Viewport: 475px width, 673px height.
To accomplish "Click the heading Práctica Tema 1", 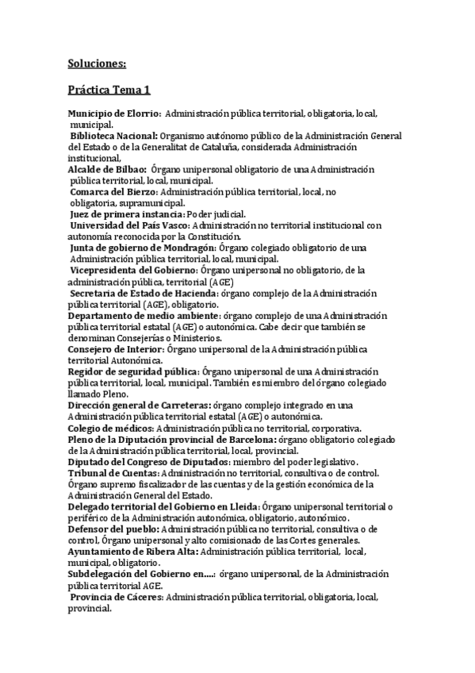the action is [109, 91].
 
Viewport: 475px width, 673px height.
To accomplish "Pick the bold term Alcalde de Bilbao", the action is [106, 169].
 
